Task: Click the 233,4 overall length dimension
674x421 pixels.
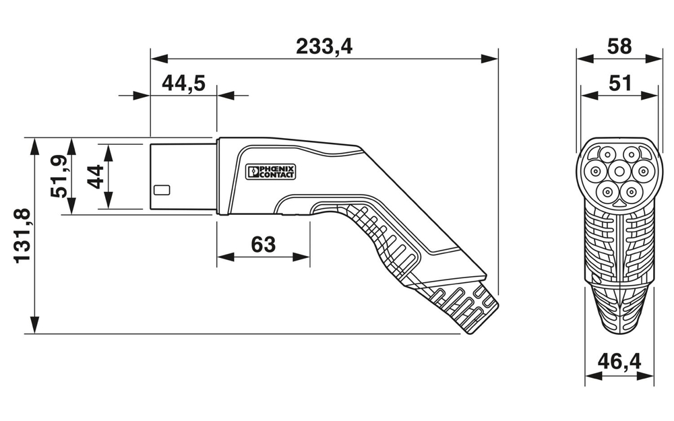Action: click(x=324, y=46)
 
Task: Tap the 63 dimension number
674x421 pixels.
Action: click(x=264, y=244)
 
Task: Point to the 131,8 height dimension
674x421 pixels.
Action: click(x=22, y=235)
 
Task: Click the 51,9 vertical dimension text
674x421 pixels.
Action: click(x=59, y=176)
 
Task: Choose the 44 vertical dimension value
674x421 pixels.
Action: click(x=95, y=176)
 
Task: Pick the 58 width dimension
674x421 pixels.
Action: click(x=619, y=46)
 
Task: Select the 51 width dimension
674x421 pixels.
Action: click(x=619, y=83)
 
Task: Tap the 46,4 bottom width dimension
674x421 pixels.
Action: click(x=619, y=362)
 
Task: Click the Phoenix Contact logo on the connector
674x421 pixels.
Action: click(x=270, y=172)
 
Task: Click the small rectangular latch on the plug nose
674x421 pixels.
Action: click(x=162, y=190)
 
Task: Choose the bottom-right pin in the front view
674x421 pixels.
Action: click(x=632, y=193)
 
